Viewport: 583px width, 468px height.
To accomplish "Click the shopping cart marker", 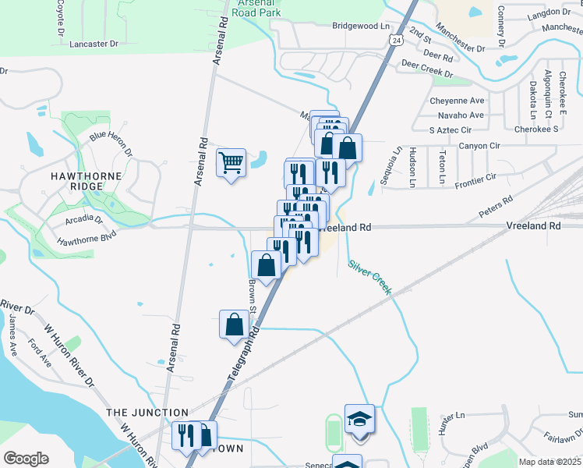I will coord(231,164).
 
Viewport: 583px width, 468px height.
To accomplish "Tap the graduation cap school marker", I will coord(359,420).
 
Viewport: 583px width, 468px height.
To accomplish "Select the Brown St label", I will coord(253,293).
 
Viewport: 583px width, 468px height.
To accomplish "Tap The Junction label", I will coord(147,413).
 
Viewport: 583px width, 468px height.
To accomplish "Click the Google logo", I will coord(26,459).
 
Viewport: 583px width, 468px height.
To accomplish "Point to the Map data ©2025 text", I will coord(549,462).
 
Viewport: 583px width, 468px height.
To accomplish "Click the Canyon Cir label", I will coord(479,146).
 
